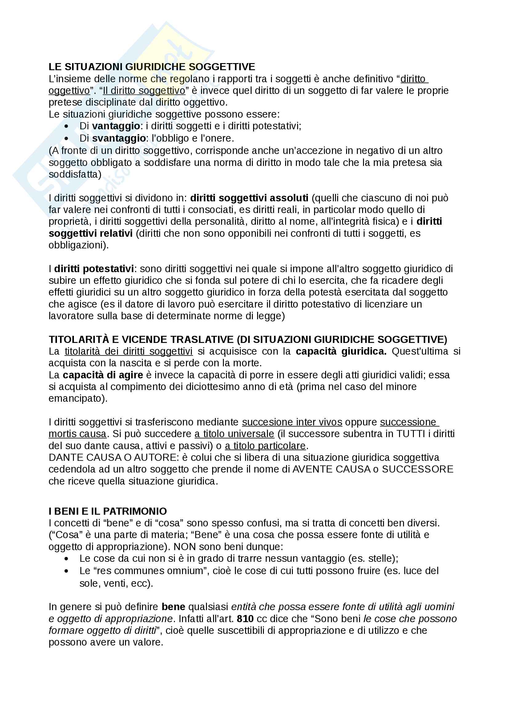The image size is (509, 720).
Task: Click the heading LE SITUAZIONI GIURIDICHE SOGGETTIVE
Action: coord(152,67)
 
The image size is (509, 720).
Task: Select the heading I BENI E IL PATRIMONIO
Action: coord(107,512)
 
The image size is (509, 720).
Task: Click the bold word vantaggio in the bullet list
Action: coord(116,126)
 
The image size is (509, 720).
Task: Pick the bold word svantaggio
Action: coord(119,138)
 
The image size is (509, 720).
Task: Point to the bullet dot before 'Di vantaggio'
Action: coord(66,127)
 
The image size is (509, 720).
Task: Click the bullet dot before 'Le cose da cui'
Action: coord(66,559)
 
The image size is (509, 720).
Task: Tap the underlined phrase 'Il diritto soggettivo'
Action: coord(144,91)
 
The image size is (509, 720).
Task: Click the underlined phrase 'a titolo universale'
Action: coord(234,434)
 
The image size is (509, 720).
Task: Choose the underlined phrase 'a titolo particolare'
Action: coord(265,446)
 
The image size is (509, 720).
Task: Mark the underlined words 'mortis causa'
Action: coord(78,434)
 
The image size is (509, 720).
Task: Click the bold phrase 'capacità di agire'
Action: coord(103,375)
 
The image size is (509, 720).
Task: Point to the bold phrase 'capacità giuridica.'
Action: coord(341,352)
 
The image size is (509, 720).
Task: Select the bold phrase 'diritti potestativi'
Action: coord(94,269)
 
